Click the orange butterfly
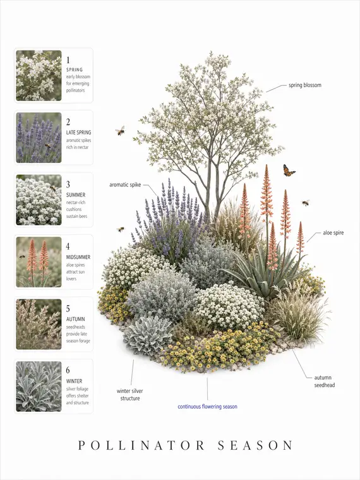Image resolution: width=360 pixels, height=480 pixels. pos(289,171)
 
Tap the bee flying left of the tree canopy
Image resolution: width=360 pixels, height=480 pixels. pos(120,131)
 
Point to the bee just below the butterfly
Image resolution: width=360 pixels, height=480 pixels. pos(306,203)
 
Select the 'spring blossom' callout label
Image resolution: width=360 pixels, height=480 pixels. pos(305,85)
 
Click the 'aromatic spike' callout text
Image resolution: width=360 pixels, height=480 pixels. pos(125,185)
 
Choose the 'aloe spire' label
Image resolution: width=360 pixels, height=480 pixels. pos(333,233)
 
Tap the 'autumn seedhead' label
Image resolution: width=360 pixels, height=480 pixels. pos(324,381)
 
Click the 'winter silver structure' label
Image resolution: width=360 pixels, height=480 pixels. pos(130,395)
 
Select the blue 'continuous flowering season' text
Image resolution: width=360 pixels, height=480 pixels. pos(207,407)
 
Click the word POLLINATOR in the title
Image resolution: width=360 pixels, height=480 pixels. pos(141,445)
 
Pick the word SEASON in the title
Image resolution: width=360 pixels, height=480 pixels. pos(255,445)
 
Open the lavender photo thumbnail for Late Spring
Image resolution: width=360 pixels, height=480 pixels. pos(39,138)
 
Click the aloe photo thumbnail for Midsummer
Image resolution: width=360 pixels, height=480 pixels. pos(39,262)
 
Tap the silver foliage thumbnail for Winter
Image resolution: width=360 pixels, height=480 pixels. pos(39,387)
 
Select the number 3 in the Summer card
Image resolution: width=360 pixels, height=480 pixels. pos(68,184)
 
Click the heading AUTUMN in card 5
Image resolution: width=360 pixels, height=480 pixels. pos(76,319)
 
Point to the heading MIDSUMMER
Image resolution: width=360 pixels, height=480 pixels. pos(78,257)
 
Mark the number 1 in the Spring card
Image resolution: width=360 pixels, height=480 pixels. pos(68,60)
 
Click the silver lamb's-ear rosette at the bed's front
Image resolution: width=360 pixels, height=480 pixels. pos(148,335)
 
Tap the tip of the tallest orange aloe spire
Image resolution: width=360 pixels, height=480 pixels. pos(267,165)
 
